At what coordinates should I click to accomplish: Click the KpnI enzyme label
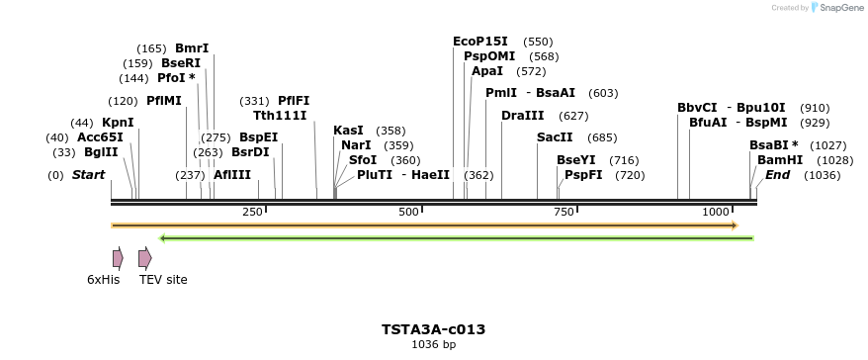point(118,123)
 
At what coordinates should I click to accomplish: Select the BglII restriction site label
point(101,152)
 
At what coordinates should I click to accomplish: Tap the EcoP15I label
point(480,42)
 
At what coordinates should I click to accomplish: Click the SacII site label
point(555,137)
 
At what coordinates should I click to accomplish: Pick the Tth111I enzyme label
point(280,116)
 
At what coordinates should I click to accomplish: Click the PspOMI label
point(489,56)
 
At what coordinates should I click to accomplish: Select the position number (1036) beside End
point(823,175)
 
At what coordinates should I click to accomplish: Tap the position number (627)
point(573,116)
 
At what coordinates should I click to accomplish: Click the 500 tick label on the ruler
point(408,213)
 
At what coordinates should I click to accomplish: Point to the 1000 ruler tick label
point(715,213)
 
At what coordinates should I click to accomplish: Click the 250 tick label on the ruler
point(252,213)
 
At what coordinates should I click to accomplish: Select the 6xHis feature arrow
point(118,258)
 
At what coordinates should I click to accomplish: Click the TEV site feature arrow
point(144,258)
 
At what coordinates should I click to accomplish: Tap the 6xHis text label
point(103,280)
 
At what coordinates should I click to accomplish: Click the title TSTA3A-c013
point(433,329)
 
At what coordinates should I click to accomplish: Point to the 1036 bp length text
point(433,345)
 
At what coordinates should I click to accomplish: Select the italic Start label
point(88,175)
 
